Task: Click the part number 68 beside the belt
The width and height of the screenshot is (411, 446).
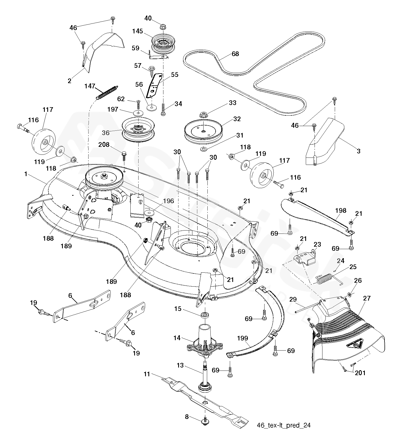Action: point(235,54)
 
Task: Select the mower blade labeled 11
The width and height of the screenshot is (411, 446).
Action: point(205,400)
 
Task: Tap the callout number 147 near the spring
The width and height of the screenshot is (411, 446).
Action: point(90,86)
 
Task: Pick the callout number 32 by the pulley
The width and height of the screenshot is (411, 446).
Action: point(237,119)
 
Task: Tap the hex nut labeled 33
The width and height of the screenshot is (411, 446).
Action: point(203,115)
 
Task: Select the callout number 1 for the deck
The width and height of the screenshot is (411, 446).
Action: point(26,174)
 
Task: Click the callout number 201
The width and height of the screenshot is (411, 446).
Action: point(360,373)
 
